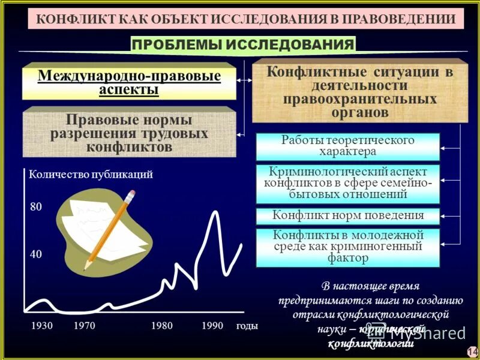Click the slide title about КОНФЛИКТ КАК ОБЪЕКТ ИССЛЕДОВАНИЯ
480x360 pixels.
tap(245, 19)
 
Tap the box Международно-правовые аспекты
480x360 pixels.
tap(129, 83)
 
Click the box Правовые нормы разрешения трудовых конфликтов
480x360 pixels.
tap(129, 133)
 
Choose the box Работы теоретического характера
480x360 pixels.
tap(348, 145)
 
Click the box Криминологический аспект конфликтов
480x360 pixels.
tap(348, 183)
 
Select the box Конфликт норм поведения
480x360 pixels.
tap(348, 215)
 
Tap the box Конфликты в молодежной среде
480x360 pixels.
tap(348, 247)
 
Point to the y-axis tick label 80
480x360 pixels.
tap(35, 207)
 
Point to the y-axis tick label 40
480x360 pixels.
tap(35, 254)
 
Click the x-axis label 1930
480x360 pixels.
tap(41, 326)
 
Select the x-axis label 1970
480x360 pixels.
tap(85, 326)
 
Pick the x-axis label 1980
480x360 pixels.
tap(162, 326)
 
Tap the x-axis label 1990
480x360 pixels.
tap(212, 326)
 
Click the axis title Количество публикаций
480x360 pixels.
tap(91, 175)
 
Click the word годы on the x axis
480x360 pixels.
tap(247, 326)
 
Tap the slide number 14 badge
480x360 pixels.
tap(472, 351)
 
